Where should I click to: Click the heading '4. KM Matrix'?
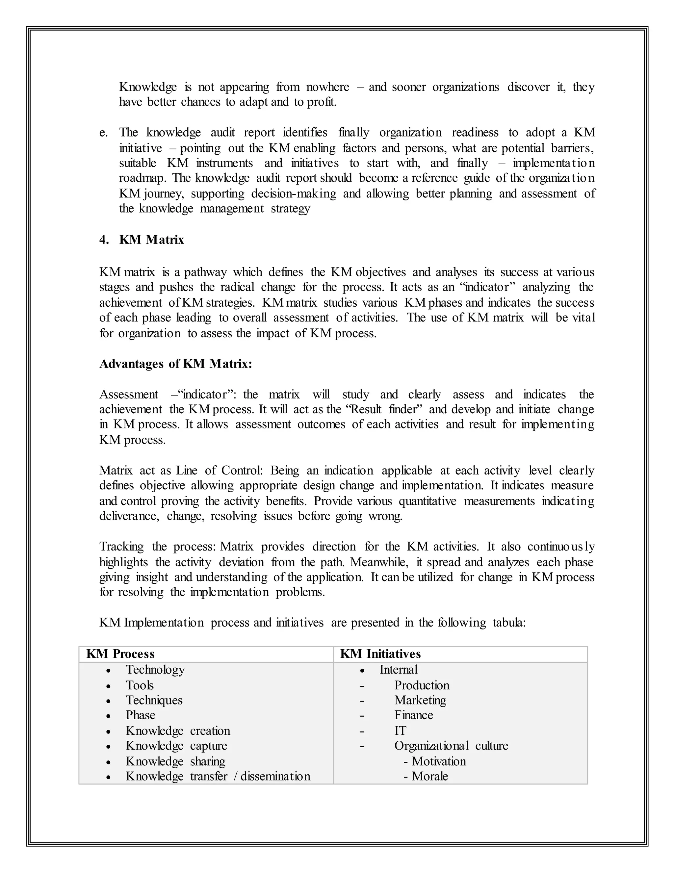point(142,240)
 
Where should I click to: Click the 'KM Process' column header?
point(120,654)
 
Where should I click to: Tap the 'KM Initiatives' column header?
point(380,654)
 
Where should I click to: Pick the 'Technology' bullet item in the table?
point(155,670)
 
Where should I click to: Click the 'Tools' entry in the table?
point(140,685)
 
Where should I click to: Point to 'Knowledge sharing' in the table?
point(175,761)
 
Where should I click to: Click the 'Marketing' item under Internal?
point(420,700)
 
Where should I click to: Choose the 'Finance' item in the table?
point(413,715)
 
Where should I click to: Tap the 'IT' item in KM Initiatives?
point(400,731)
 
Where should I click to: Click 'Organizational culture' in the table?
point(451,745)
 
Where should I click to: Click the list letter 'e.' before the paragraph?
point(103,133)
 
